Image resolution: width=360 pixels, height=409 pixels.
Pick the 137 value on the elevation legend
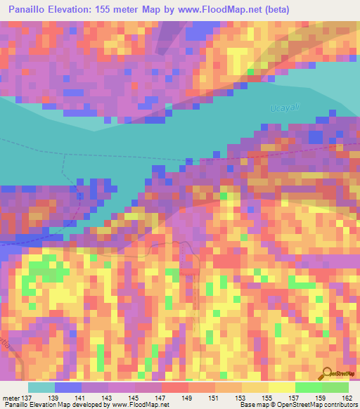[x=29, y=398]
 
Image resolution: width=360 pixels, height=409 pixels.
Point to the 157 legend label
[x=294, y=398]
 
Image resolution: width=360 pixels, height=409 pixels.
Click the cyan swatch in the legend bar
[x=41, y=387]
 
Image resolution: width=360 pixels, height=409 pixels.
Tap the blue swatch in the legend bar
[x=68, y=387]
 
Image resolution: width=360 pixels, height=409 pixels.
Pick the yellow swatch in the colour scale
[x=281, y=387]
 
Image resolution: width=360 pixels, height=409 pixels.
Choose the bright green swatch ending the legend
[x=335, y=387]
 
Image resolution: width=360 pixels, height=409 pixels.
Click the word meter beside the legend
[x=11, y=398]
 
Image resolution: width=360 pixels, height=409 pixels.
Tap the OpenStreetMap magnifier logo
[x=328, y=374]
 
